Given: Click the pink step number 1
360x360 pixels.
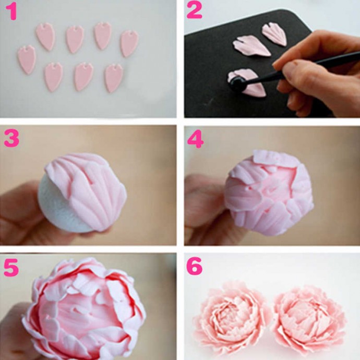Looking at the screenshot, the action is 11,12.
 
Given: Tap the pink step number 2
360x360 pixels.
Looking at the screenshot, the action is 195,11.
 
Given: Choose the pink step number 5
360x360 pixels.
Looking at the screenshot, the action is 11,268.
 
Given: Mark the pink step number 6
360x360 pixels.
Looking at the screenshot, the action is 195,266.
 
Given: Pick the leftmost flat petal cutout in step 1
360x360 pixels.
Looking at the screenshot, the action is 27,59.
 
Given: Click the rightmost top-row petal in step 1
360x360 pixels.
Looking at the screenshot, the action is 129,43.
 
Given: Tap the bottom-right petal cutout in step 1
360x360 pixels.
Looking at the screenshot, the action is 114,78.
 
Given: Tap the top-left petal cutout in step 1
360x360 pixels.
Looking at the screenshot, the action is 45,37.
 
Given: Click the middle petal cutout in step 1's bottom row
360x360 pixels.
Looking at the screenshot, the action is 83,77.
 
